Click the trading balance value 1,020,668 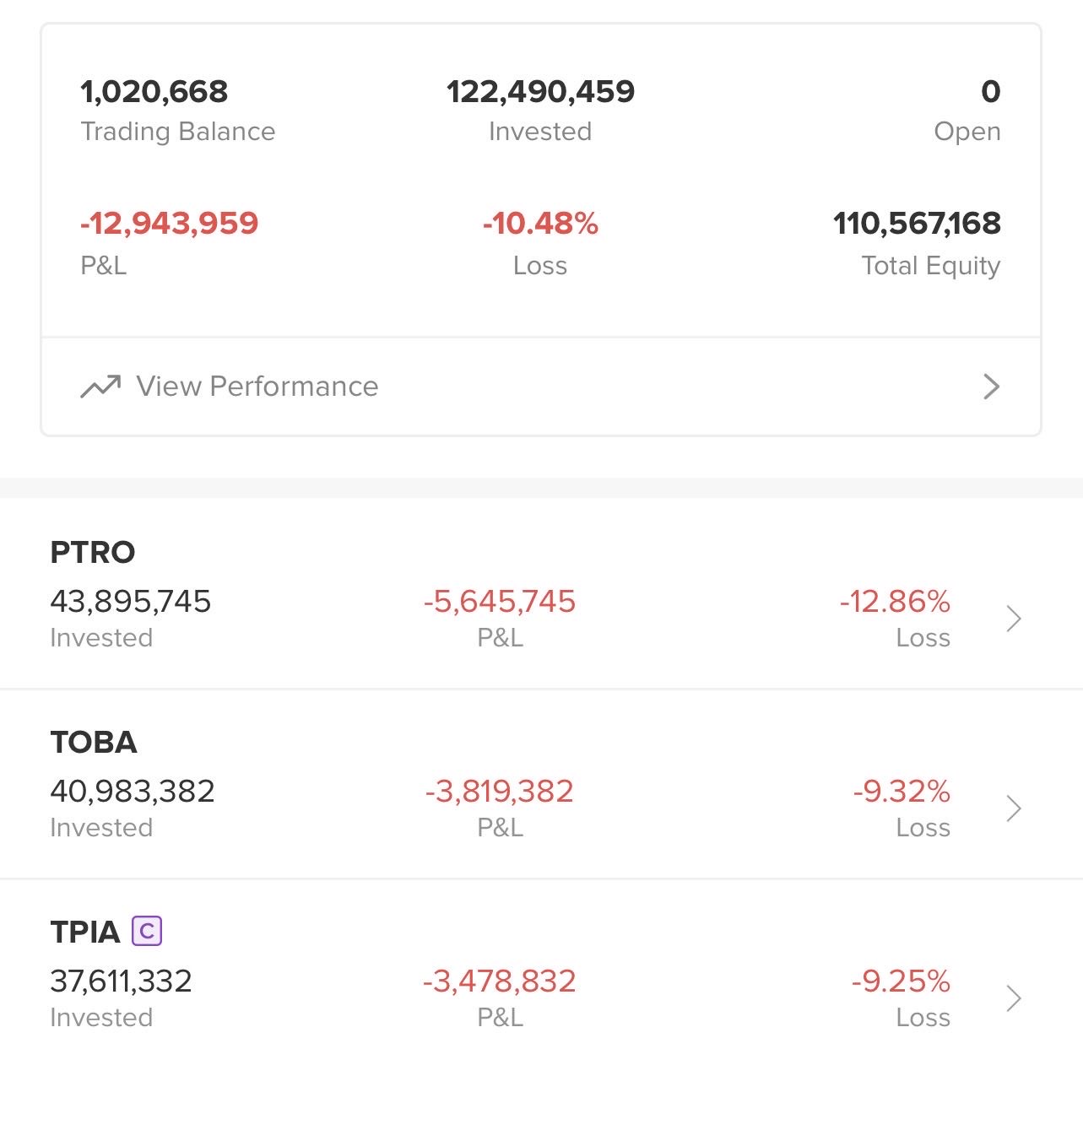pyautogui.click(x=154, y=92)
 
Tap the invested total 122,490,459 pyautogui.click(x=540, y=92)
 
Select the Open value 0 pyautogui.click(x=990, y=92)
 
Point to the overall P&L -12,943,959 pyautogui.click(x=169, y=224)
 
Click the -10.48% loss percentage pyautogui.click(x=540, y=224)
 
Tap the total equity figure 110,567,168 pyautogui.click(x=917, y=224)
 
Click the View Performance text pyautogui.click(x=257, y=387)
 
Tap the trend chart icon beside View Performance pyautogui.click(x=100, y=387)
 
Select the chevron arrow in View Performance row pyautogui.click(x=991, y=387)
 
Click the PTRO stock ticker pyautogui.click(x=93, y=553)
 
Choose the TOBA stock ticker pyautogui.click(x=94, y=743)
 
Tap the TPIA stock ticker pyautogui.click(x=85, y=933)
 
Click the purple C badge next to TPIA pyautogui.click(x=147, y=932)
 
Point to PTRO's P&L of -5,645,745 pyautogui.click(x=500, y=602)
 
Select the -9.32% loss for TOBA pyautogui.click(x=902, y=792)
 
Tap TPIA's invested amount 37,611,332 pyautogui.click(x=122, y=981)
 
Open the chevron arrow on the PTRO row pyautogui.click(x=1014, y=619)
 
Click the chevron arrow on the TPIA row pyautogui.click(x=1014, y=998)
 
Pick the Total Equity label pyautogui.click(x=930, y=266)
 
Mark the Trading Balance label pyautogui.click(x=178, y=132)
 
